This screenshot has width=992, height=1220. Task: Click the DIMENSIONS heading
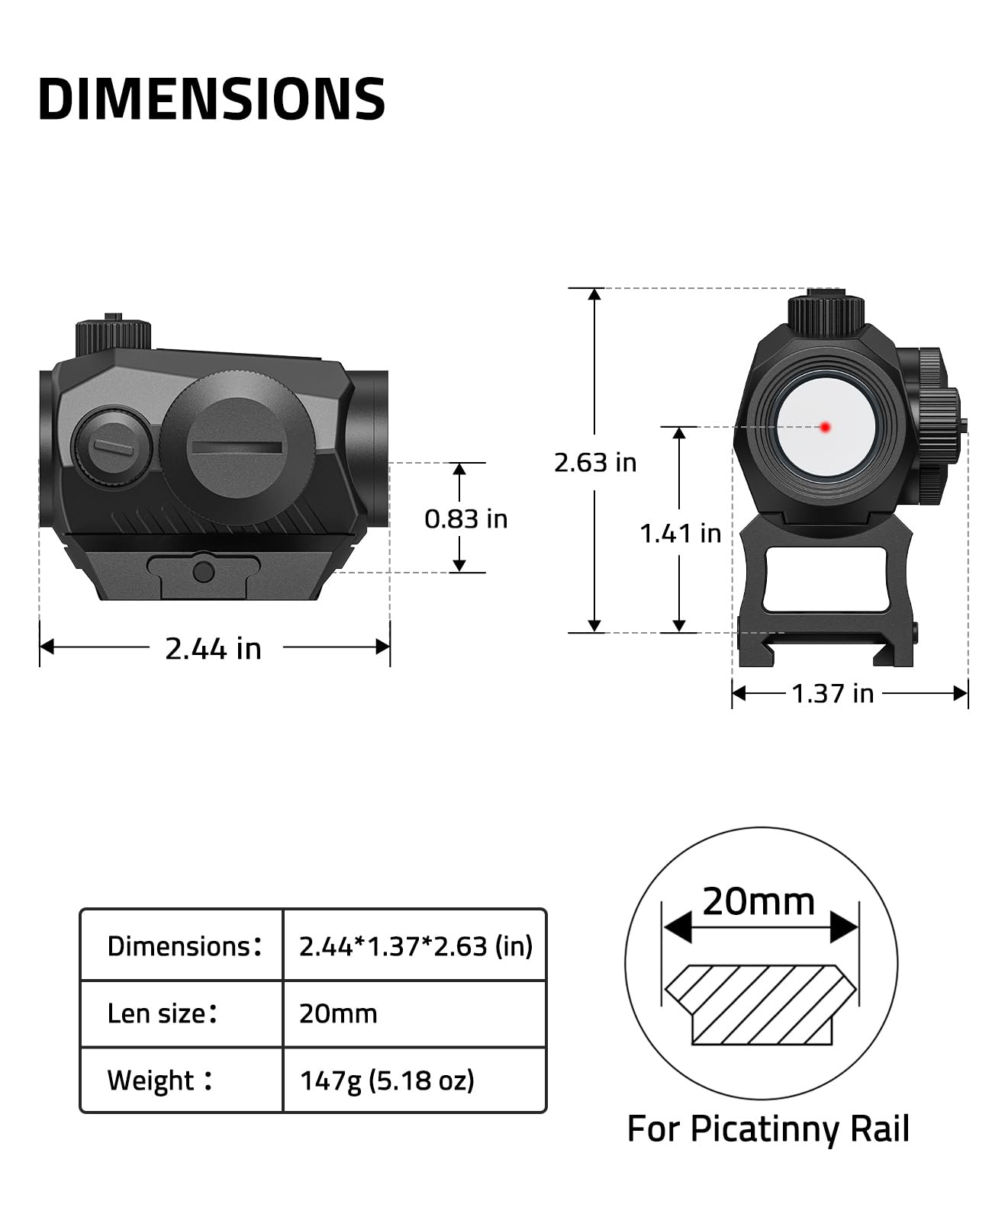tap(211, 99)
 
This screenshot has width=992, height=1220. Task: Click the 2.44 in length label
tap(213, 649)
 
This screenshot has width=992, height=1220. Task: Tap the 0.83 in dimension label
tap(465, 519)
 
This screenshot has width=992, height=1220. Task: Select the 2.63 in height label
tap(595, 463)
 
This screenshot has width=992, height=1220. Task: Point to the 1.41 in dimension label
tap(680, 534)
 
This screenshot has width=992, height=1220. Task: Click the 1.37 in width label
tap(833, 694)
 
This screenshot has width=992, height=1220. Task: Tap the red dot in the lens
tap(825, 427)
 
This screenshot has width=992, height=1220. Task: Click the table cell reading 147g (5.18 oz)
tap(387, 1080)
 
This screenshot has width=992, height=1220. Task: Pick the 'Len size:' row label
tap(163, 1013)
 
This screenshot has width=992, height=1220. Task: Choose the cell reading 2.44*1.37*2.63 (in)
tap(415, 946)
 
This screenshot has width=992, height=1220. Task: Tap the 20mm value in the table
tap(338, 1013)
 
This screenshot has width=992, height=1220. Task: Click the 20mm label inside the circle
tap(758, 901)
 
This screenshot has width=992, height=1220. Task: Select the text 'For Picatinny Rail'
tap(768, 1129)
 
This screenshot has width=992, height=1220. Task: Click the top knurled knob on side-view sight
tap(113, 336)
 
